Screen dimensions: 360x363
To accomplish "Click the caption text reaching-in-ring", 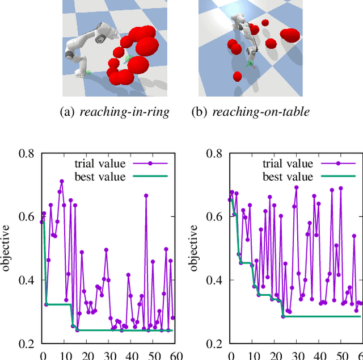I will tap(124, 112).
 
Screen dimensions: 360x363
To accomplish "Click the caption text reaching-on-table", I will tap(261, 112).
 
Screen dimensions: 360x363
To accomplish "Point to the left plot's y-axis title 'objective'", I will tap(6, 248).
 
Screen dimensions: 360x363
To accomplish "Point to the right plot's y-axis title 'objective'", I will tap(194, 248).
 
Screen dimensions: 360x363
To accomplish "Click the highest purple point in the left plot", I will tap(62, 181).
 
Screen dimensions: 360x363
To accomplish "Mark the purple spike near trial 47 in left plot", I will tap(146, 195).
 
